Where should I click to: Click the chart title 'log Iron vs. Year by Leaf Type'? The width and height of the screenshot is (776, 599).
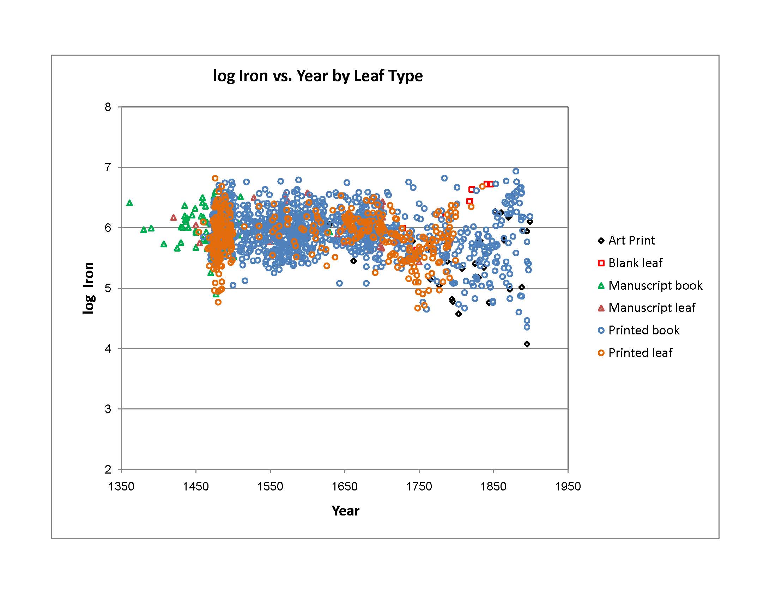[317, 76]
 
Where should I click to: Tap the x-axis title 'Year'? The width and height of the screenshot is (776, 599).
[345, 511]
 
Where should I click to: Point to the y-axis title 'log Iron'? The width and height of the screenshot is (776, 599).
[89, 288]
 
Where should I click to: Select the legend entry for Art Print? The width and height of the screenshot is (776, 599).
[631, 241]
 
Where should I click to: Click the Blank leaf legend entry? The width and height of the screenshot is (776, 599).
[635, 263]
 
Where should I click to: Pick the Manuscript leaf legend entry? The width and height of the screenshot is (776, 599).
[651, 308]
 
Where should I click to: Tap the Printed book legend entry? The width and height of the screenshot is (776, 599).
[643, 331]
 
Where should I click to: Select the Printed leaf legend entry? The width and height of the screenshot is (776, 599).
[639, 353]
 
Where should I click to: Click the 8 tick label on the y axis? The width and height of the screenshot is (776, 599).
[108, 107]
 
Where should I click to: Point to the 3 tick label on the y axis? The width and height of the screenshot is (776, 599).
[108, 409]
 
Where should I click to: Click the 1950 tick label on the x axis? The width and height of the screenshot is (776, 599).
[568, 486]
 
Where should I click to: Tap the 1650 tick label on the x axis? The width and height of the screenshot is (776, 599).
[344, 486]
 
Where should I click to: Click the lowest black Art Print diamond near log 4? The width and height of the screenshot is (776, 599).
[527, 344]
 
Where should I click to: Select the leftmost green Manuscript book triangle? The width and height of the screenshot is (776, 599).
[130, 203]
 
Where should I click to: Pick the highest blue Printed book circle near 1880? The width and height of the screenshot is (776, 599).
[516, 171]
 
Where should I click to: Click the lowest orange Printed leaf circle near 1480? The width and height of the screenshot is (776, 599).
[218, 302]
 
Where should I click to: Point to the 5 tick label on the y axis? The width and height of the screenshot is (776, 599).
[108, 288]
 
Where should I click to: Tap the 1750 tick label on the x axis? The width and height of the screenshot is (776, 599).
[419, 486]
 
